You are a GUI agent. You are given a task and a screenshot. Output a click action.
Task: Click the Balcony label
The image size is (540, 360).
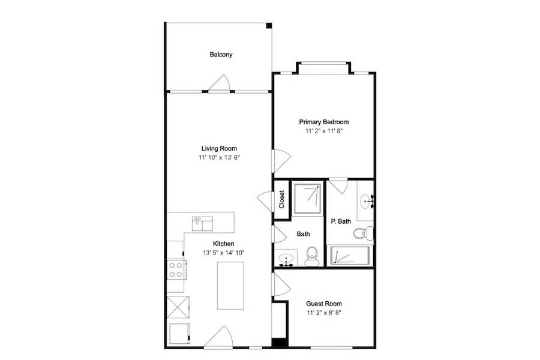pos(221,55)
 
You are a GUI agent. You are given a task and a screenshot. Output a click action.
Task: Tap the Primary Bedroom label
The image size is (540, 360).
pos(324,122)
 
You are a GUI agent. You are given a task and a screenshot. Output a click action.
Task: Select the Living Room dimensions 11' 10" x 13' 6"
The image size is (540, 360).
pos(219,157)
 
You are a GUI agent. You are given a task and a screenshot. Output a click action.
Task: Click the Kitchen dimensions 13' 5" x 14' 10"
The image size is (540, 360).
pos(224,253)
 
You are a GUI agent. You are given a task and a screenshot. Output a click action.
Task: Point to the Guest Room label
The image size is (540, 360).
pos(324,304)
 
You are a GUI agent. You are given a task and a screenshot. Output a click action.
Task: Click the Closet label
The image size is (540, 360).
pos(282,199)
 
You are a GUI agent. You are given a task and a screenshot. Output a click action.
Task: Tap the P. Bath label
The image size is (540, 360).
pos(341,221)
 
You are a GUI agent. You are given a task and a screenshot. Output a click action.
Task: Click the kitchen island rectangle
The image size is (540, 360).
pos(231,286)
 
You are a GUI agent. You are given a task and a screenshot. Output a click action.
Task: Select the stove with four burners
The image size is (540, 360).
pos(176,270)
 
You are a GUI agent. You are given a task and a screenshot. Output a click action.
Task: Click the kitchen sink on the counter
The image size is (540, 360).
pos(203,224)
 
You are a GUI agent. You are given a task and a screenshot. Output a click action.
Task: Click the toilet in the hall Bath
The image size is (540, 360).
pos(312,256)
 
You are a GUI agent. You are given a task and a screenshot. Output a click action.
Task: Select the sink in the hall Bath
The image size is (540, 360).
pos(286,259)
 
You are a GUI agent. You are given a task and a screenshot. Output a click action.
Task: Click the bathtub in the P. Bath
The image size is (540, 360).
pos(350,256)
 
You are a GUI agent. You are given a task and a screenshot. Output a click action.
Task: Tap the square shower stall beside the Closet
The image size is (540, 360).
pos(307,199)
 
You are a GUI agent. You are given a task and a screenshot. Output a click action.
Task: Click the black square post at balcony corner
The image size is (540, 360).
pos(269,25)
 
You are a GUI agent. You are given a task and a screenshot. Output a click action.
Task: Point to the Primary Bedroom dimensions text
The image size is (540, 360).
pos(324,131)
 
